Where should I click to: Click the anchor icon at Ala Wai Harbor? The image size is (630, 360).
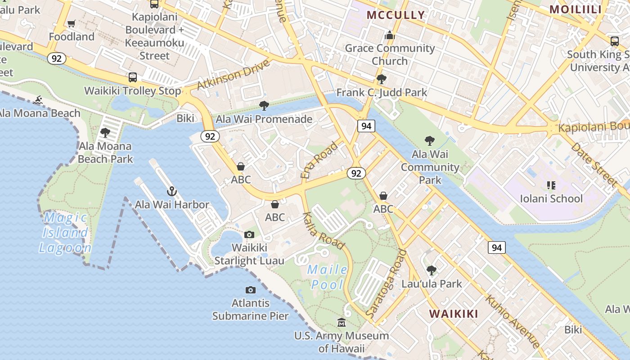point(171,192)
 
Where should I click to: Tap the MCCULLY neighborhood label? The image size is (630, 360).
point(396,15)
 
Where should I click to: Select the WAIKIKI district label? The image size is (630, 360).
point(454,314)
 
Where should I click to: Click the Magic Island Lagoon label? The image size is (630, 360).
point(65,233)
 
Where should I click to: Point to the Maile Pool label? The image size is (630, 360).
point(328,277)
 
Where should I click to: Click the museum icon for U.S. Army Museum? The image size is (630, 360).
point(342,322)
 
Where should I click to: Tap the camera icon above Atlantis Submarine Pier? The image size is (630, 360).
point(251,290)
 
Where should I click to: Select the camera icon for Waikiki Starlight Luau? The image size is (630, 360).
point(249,234)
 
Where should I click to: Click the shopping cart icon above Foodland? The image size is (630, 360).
point(72,23)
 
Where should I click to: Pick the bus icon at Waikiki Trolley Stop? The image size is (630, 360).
point(133,77)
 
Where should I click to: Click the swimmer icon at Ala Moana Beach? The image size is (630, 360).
point(38,100)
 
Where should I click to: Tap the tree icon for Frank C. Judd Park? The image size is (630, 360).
point(382,79)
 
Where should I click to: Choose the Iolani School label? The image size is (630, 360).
point(551,198)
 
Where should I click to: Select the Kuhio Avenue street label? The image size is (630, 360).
point(513,322)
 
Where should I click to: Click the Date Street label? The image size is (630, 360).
point(593,165)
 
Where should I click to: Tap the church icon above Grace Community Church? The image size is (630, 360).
point(390,35)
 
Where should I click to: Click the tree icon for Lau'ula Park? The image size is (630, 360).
point(432,270)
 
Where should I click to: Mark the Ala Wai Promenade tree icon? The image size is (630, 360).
point(264,106)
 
